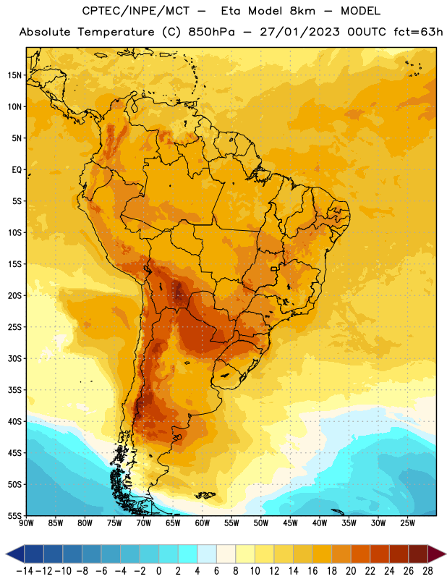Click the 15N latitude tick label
(x=14, y=75)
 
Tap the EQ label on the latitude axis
(x=17, y=170)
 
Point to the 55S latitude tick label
(x=14, y=515)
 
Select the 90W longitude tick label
(x=26, y=523)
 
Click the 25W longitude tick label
(x=407, y=523)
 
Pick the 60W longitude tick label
(x=203, y=523)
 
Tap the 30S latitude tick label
(x=14, y=358)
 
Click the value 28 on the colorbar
(x=427, y=571)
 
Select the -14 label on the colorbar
(x=25, y=571)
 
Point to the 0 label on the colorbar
(x=158, y=571)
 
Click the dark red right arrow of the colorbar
(x=437, y=554)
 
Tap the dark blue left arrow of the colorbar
(x=15, y=554)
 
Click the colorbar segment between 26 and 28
(x=418, y=554)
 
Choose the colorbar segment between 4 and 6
(x=207, y=554)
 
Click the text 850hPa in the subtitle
(x=211, y=32)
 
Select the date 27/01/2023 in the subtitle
(x=299, y=32)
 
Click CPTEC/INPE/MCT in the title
(x=136, y=12)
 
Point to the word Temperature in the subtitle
(x=116, y=32)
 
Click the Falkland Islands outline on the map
(x=205, y=495)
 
